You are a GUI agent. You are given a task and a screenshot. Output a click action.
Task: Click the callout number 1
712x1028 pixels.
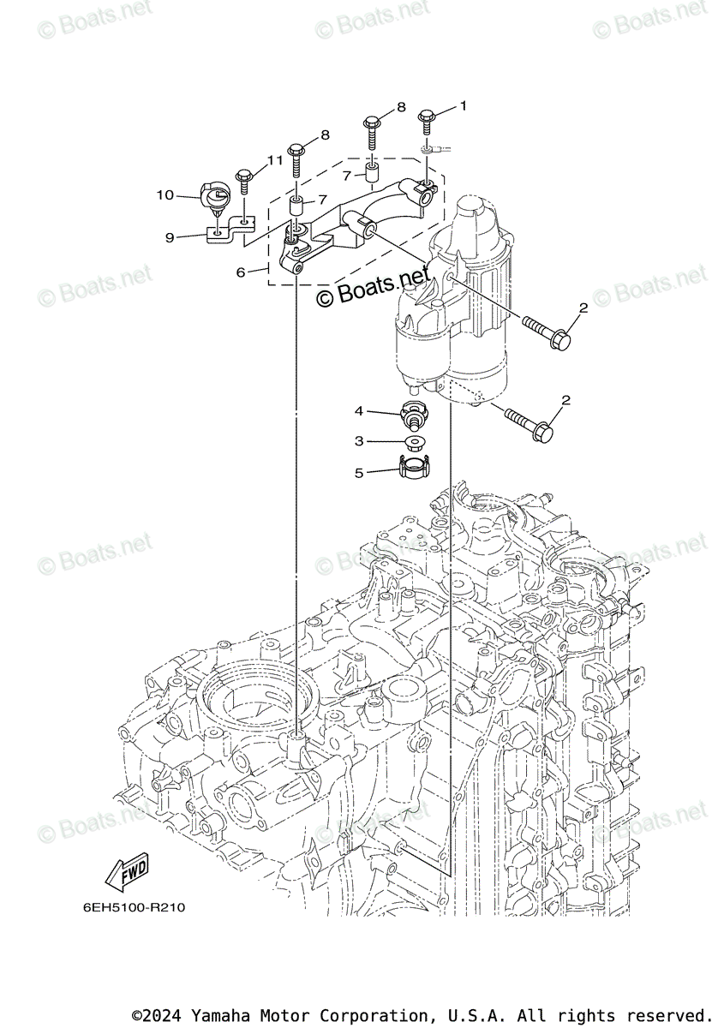(463, 106)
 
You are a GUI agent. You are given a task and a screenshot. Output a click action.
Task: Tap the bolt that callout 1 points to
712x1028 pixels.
(428, 122)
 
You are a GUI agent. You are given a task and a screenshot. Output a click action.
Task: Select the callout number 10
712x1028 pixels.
(165, 195)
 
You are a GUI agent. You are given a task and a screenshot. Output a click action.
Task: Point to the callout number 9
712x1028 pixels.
(170, 237)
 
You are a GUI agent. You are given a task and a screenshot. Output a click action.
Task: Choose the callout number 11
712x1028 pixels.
(274, 160)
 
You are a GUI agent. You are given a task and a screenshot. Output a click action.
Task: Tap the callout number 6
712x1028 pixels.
(241, 272)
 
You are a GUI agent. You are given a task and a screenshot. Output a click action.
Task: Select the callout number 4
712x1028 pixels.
(360, 411)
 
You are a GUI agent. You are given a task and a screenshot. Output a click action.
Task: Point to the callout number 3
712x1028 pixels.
(360, 440)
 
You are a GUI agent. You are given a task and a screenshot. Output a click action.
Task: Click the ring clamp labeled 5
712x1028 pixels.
(413, 467)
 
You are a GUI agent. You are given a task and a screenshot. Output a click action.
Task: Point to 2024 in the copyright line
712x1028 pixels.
(165, 1015)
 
